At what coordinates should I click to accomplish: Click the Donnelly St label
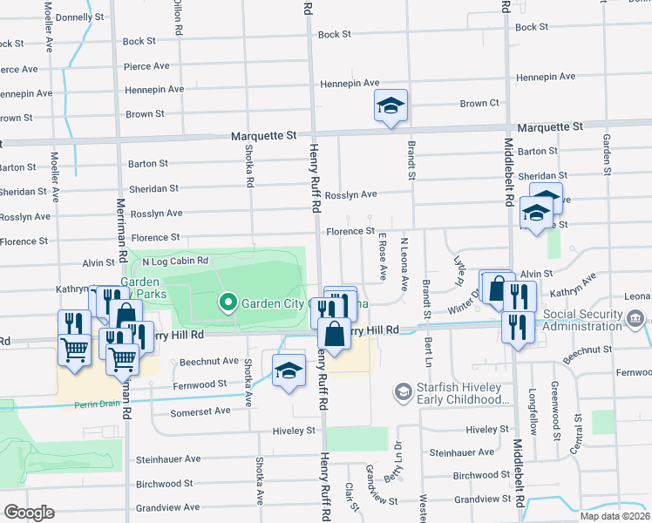(79, 17)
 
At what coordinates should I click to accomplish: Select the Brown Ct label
(479, 103)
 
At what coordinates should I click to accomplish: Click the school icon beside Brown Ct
(390, 106)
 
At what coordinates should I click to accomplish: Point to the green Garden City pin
(228, 302)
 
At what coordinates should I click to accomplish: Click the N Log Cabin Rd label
(176, 261)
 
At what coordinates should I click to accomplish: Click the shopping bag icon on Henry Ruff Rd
(335, 333)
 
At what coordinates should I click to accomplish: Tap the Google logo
(30, 513)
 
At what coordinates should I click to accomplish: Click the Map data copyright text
(615, 516)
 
